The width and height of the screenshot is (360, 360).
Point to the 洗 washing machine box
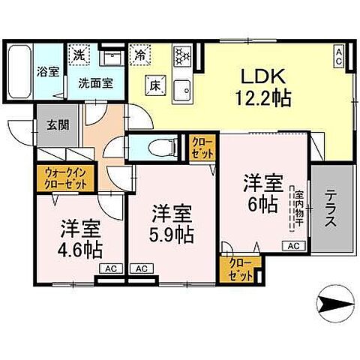pos(78,55)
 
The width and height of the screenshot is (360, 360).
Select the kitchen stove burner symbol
pos(181,55)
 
